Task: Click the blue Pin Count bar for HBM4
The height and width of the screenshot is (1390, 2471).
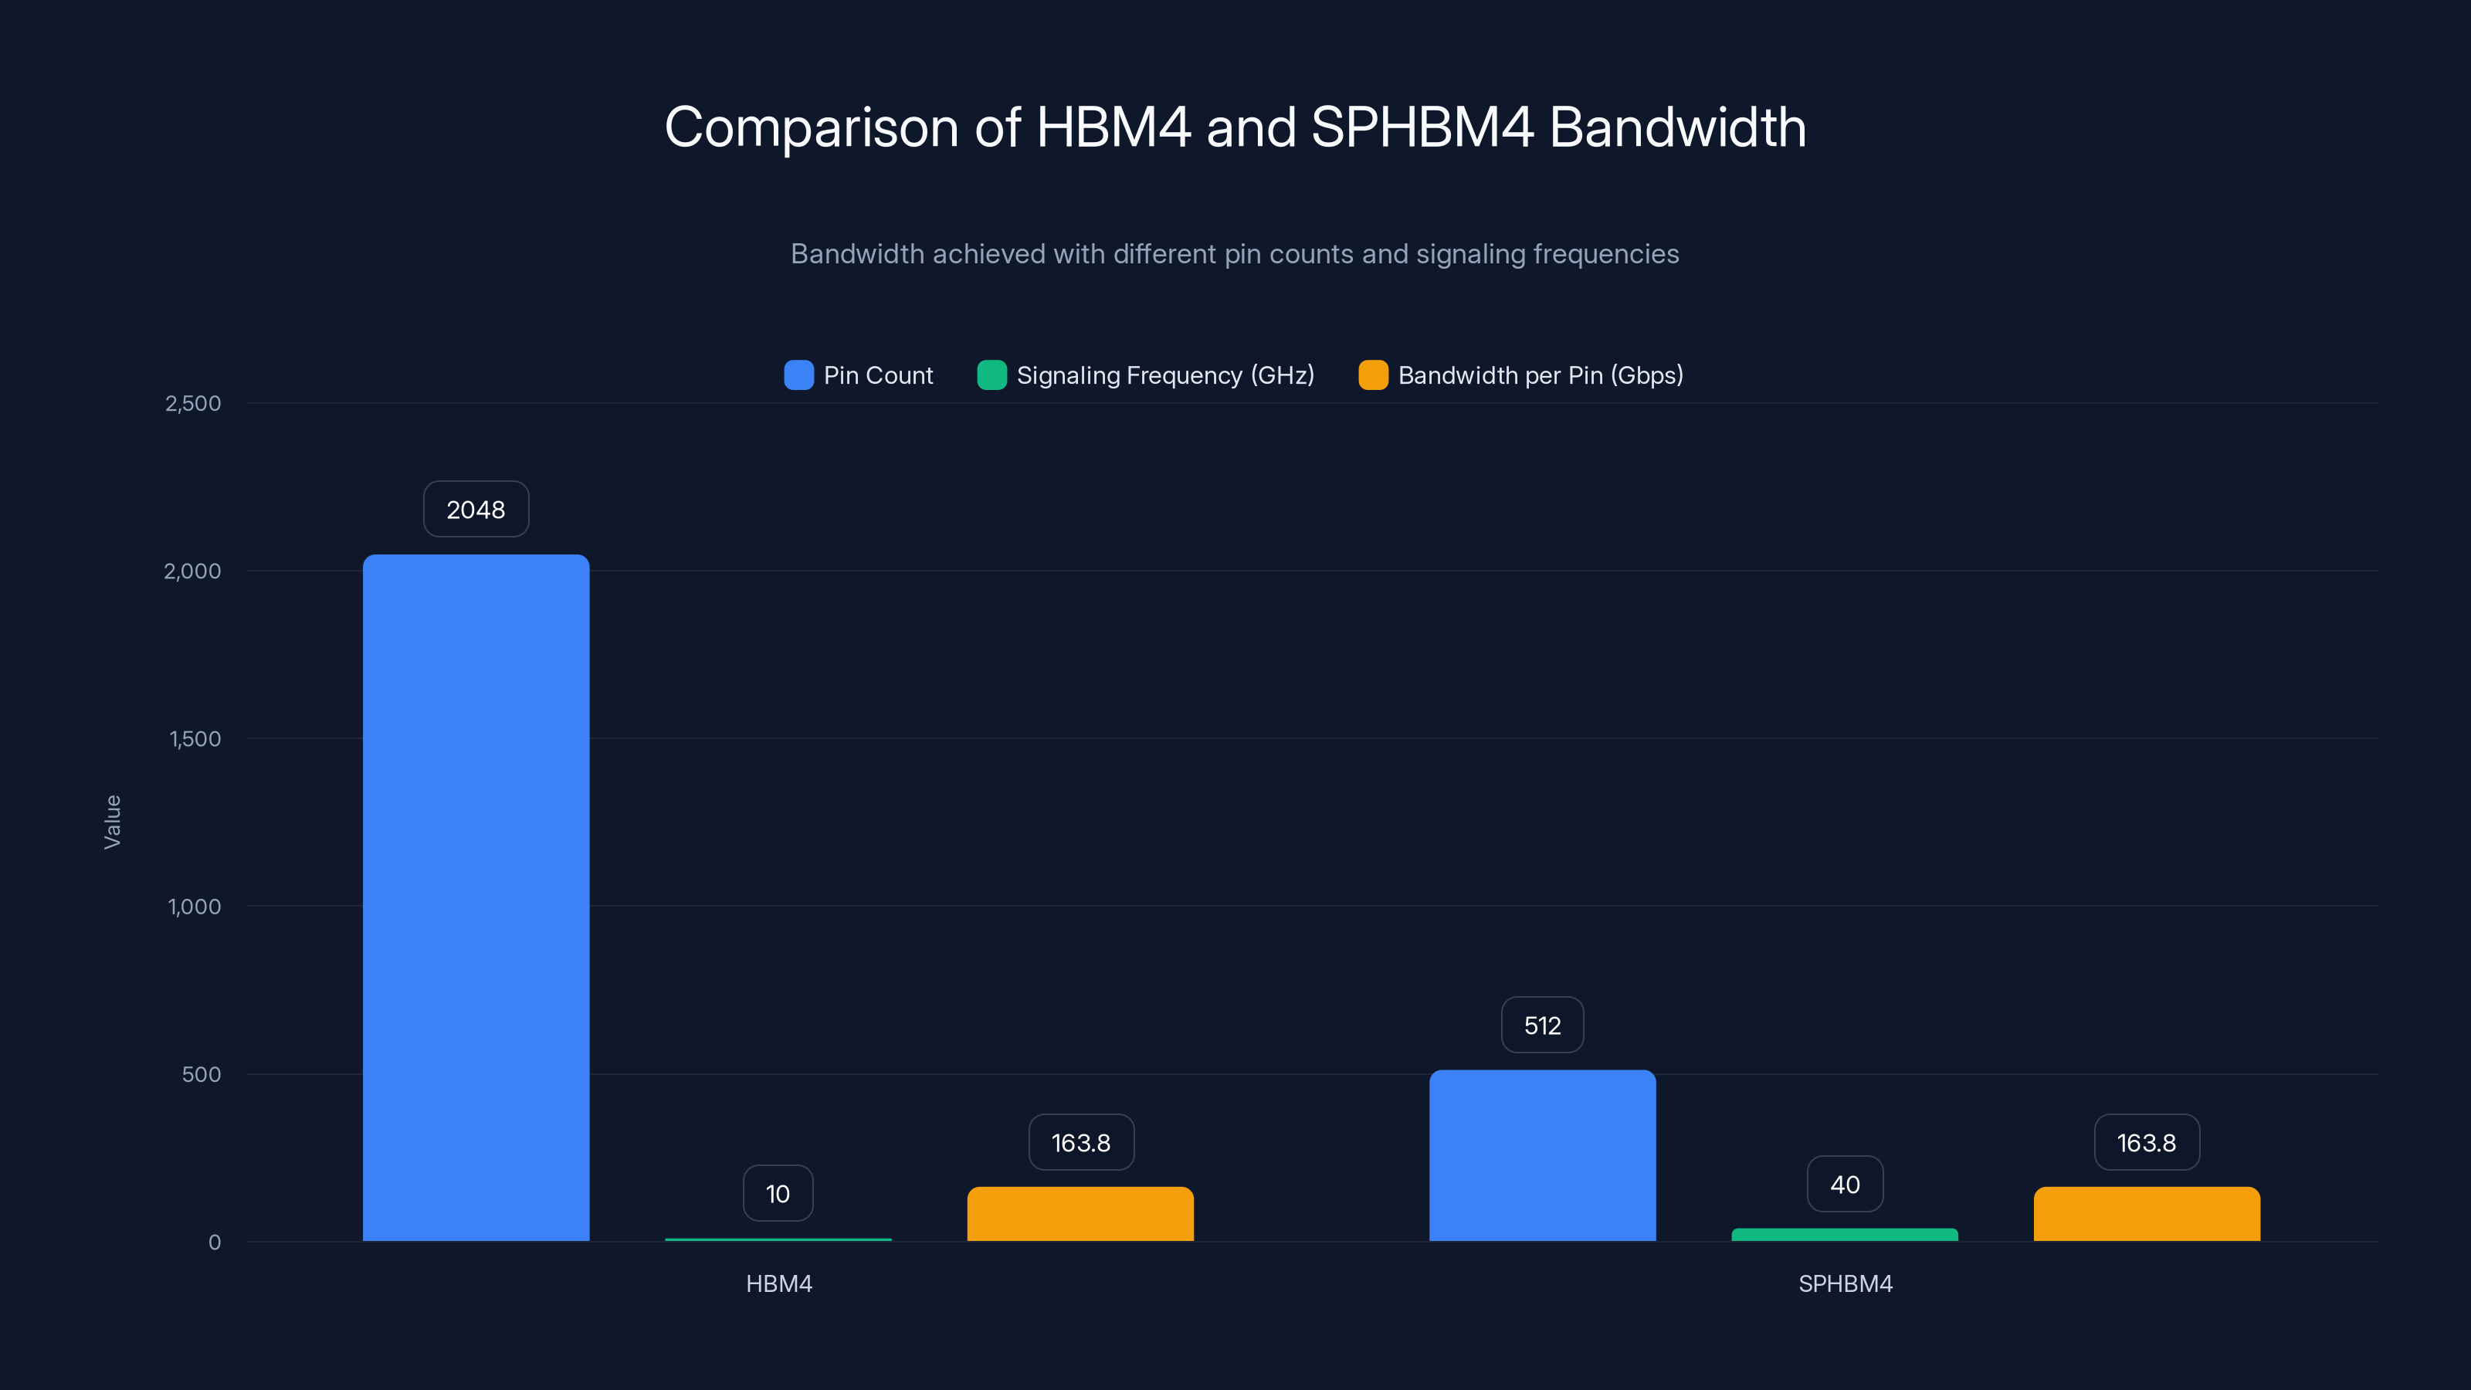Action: tap(476, 897)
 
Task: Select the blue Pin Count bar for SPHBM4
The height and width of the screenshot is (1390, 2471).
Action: tap(1541, 1155)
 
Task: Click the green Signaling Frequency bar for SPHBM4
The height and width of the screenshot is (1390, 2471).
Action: tap(1844, 1235)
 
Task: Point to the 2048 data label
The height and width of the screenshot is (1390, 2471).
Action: tap(476, 510)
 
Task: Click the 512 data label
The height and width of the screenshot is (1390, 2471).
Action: tap(1541, 1026)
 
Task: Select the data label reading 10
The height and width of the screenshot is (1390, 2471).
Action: tap(778, 1193)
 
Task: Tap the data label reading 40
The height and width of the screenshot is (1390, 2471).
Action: tap(1845, 1184)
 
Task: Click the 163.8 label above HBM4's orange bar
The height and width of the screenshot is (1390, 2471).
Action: tap(1081, 1143)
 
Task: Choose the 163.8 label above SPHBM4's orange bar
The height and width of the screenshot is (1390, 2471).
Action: tap(2146, 1143)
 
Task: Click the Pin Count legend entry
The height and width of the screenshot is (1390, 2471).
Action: tap(859, 375)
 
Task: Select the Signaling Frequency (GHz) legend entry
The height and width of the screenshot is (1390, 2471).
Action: tap(1146, 375)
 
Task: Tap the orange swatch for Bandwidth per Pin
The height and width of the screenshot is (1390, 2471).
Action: tap(1373, 375)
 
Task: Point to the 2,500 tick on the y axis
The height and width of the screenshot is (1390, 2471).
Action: tap(193, 403)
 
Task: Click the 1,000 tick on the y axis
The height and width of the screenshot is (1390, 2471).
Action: tap(194, 907)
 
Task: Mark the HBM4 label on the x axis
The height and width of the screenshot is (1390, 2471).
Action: tap(779, 1283)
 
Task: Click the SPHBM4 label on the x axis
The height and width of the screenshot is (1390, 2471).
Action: tap(1845, 1283)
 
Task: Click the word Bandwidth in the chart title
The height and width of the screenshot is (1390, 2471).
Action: tap(1676, 127)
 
